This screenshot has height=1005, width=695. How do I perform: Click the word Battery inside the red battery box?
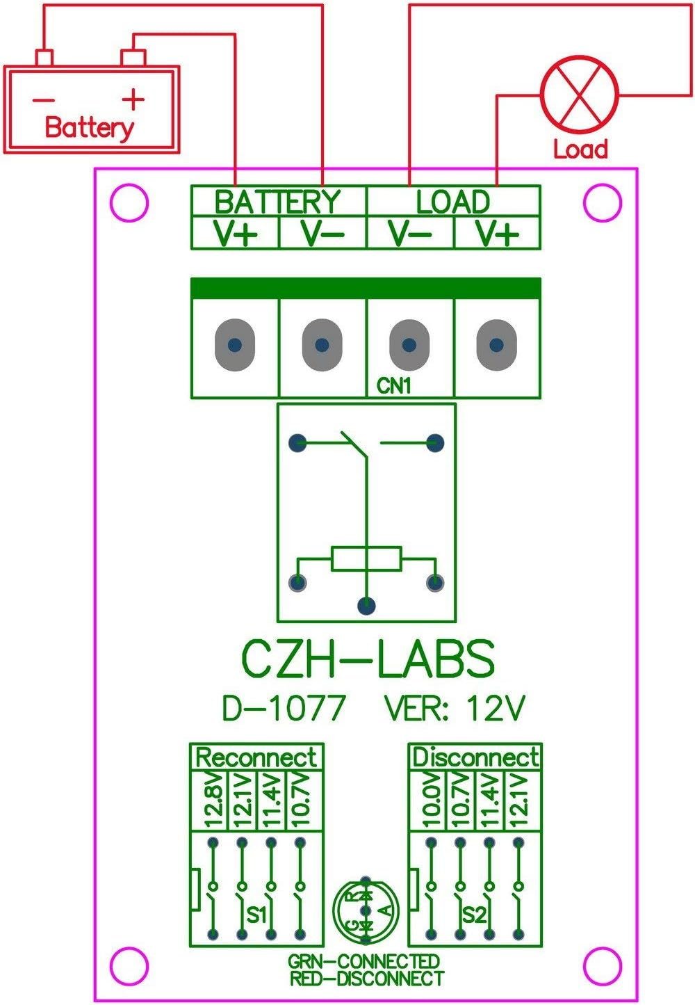[x=90, y=128]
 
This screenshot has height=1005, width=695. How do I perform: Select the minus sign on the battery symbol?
[x=43, y=99]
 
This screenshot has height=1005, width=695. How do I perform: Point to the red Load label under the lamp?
[x=580, y=149]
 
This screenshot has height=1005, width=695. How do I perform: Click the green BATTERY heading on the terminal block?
[x=278, y=202]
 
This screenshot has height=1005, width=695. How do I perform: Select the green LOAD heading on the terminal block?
[x=452, y=202]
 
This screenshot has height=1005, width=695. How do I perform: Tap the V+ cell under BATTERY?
[x=236, y=234]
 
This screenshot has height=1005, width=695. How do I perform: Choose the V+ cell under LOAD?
[x=497, y=234]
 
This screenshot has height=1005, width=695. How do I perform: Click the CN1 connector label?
[x=394, y=385]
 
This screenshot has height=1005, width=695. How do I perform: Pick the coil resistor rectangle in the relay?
[x=366, y=559]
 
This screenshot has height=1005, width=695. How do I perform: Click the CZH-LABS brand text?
[x=368, y=659]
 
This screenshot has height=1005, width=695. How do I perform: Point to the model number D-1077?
[x=284, y=709]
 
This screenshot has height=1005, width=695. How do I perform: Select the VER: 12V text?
[x=455, y=709]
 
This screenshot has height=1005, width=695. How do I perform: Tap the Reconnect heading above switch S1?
[x=256, y=757]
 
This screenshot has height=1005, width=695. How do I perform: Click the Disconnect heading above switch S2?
[x=475, y=757]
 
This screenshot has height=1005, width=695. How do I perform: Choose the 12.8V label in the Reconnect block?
[x=213, y=800]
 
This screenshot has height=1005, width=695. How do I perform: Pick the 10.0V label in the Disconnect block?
[x=432, y=800]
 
